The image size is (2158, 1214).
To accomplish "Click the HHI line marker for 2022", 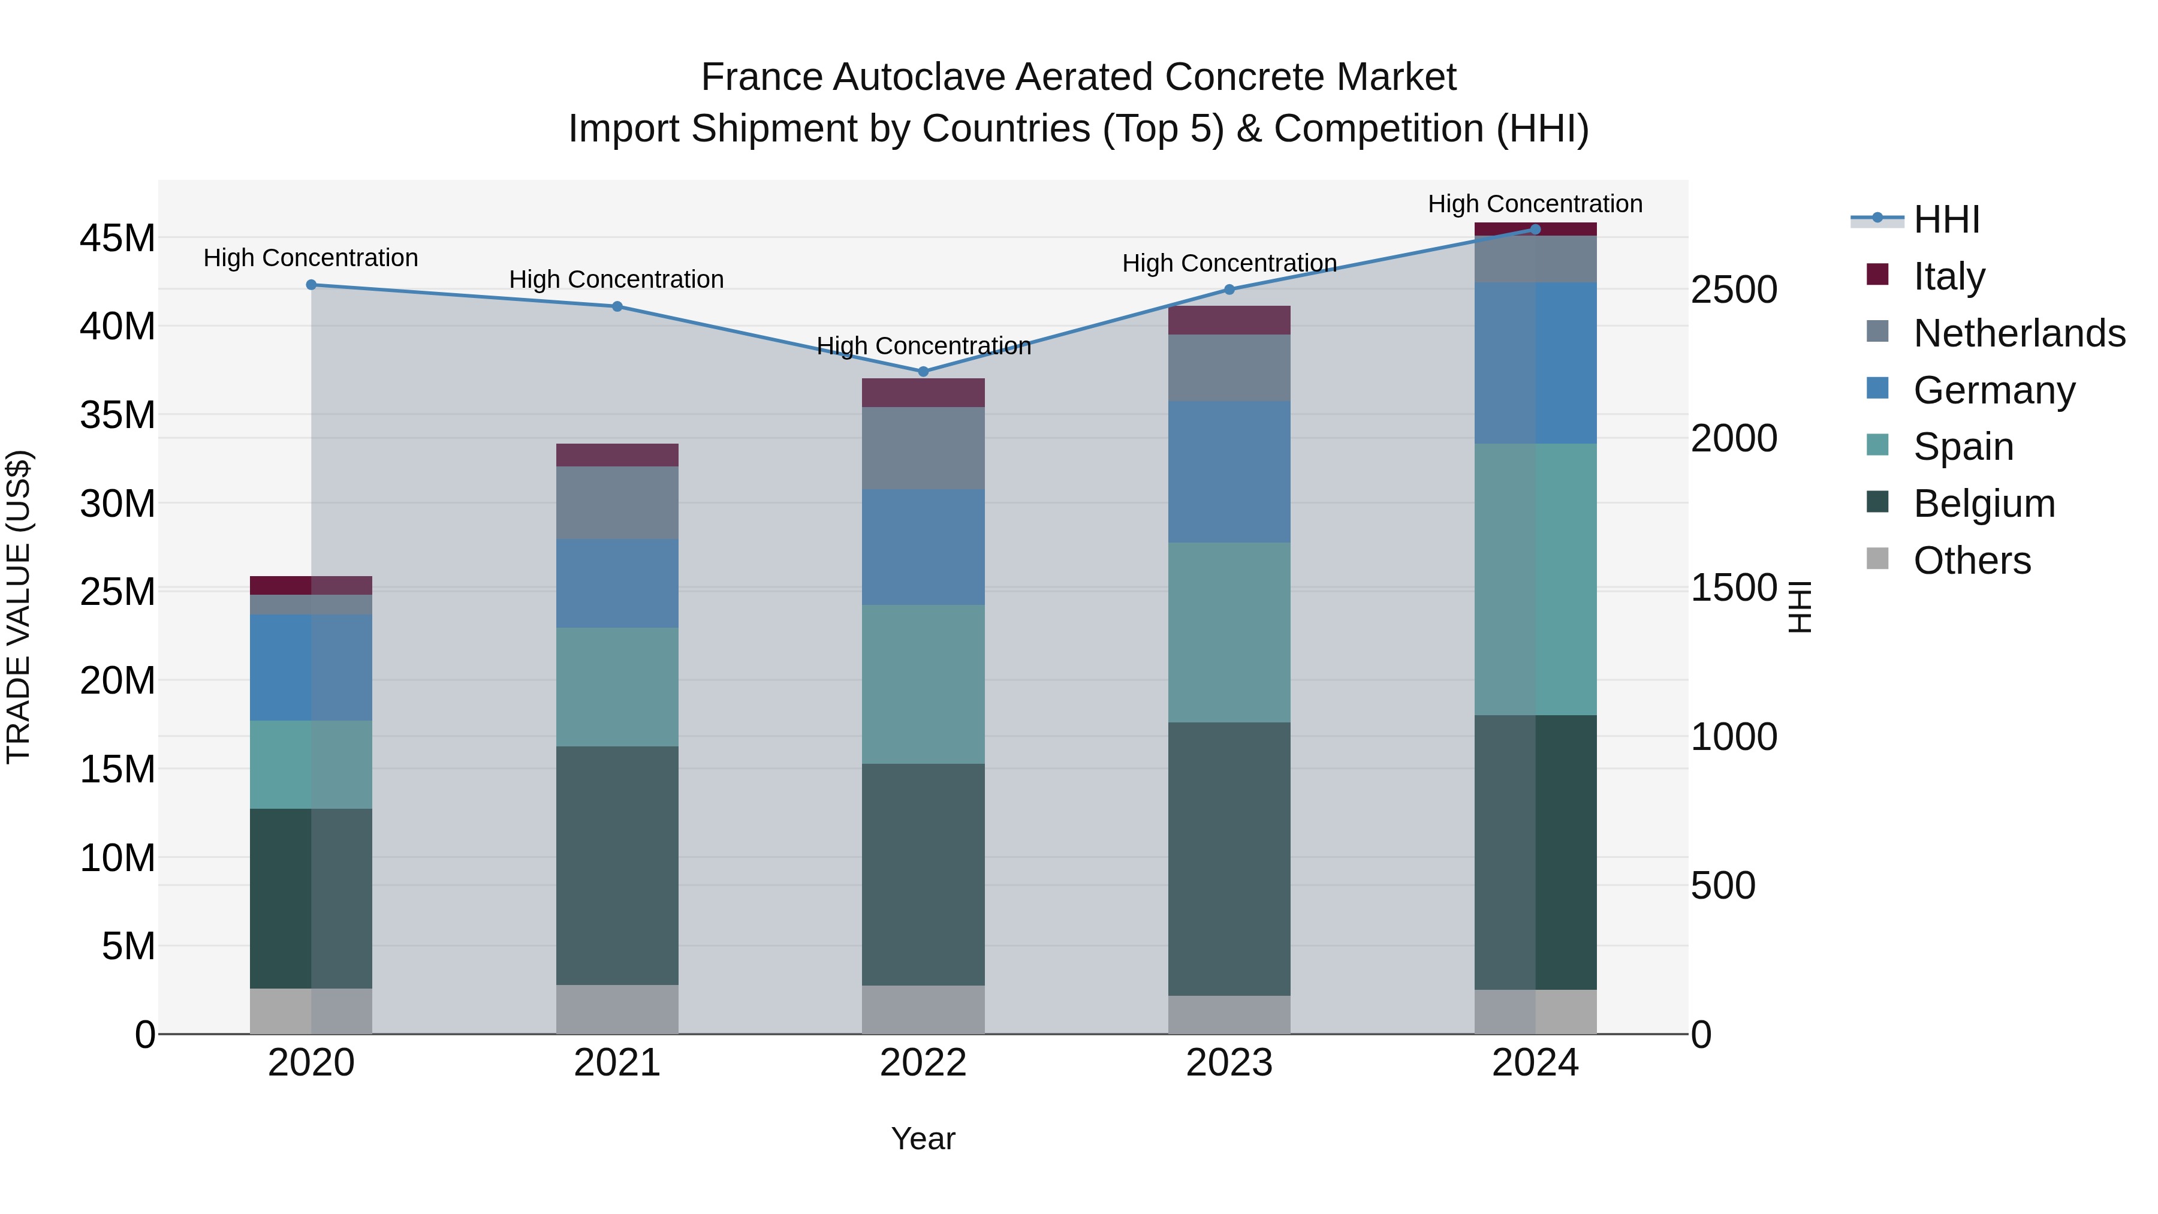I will coord(923,371).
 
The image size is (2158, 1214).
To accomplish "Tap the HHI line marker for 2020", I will coord(311,285).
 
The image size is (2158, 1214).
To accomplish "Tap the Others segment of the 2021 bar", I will coord(617,1009).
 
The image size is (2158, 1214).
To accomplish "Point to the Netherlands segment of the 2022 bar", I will coord(923,448).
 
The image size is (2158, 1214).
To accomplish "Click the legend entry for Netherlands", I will coord(2018,333).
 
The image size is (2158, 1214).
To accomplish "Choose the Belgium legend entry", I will coord(1983,504).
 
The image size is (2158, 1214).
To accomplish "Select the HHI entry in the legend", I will coord(1945,219).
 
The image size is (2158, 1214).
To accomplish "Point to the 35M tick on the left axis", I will coord(117,415).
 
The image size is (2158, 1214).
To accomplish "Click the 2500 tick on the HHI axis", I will coord(1733,290).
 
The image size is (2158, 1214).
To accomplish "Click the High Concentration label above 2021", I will coord(617,279).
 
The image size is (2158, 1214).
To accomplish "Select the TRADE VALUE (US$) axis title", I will coord(19,607).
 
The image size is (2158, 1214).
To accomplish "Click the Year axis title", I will coord(923,1138).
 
